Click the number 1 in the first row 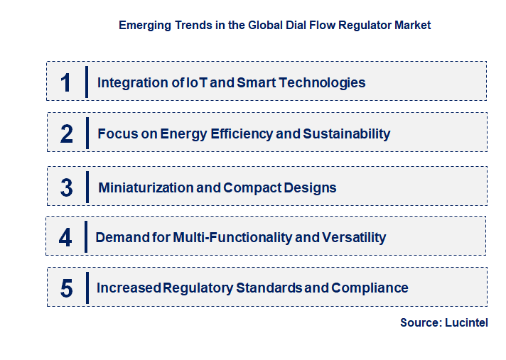[66, 82]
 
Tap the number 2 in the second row [67, 133]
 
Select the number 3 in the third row [67, 188]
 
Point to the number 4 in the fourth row [65, 237]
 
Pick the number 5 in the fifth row [67, 288]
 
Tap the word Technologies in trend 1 [322, 82]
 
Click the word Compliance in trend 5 [370, 288]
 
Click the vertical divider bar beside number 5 [87, 288]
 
